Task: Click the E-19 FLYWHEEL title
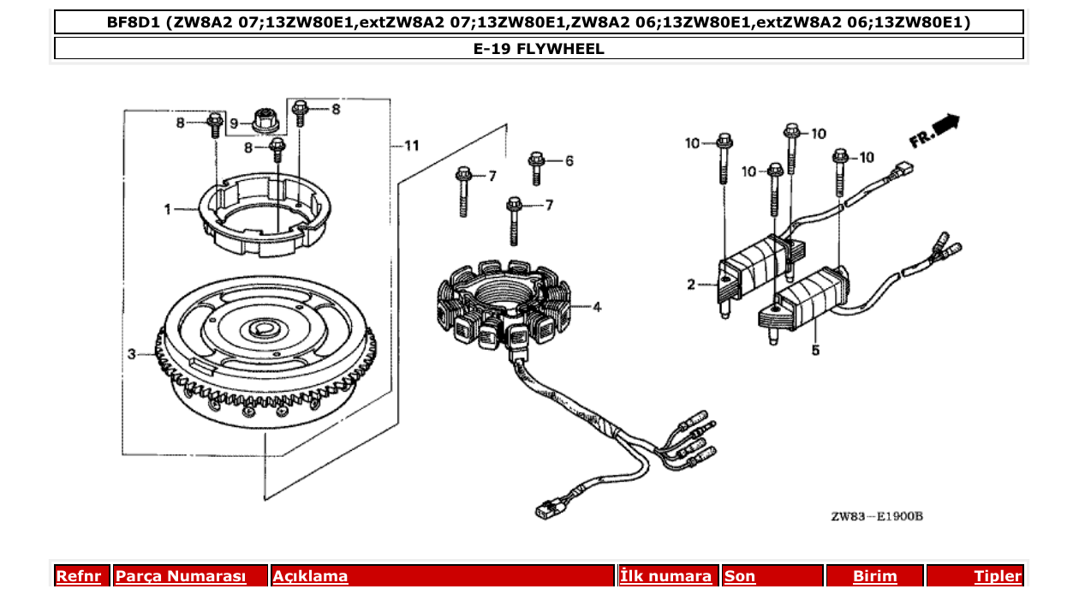point(539,49)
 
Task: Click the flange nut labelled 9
point(265,121)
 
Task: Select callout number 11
point(411,147)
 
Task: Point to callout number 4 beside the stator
point(597,307)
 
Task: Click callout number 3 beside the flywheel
point(132,353)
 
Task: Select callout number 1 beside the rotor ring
point(169,208)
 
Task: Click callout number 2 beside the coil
point(691,285)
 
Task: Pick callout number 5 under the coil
point(815,350)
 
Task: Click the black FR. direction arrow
point(945,124)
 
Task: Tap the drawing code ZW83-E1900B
point(876,516)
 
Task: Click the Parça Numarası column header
point(181,576)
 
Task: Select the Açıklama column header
point(310,576)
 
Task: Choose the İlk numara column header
point(665,576)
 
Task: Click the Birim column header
point(874,576)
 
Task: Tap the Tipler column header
point(998,576)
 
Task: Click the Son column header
point(740,576)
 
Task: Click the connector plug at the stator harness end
point(545,510)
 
